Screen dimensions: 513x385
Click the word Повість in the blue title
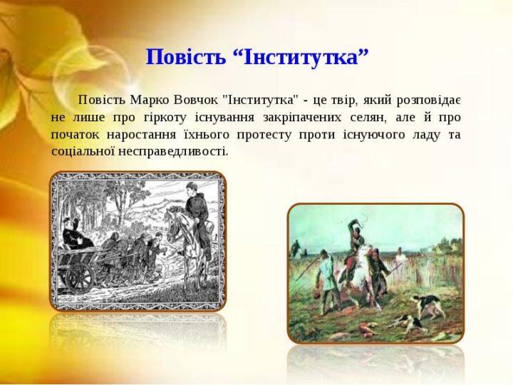(185, 57)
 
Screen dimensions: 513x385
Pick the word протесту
(264, 135)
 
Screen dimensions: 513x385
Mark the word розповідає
(429, 101)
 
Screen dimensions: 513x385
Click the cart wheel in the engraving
(81, 278)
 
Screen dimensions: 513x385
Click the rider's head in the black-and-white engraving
(192, 188)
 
